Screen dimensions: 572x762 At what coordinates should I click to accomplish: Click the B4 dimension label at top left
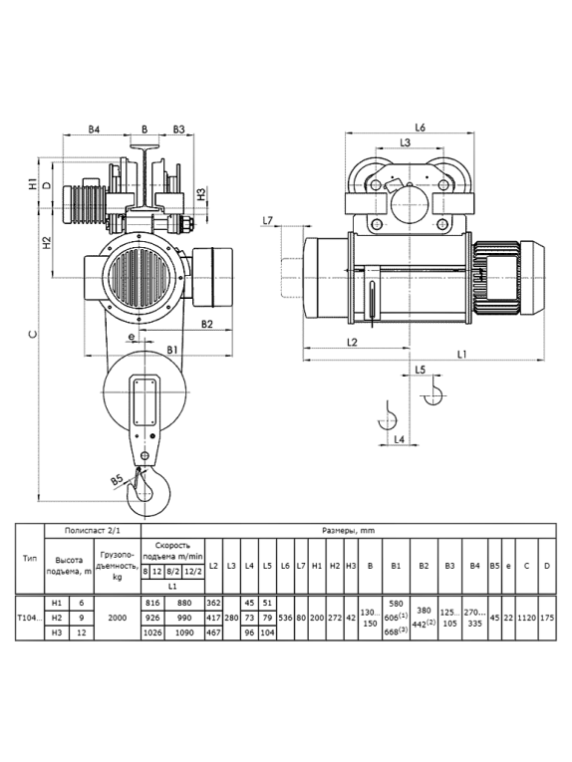point(94,129)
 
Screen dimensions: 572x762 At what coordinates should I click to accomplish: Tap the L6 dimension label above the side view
point(420,127)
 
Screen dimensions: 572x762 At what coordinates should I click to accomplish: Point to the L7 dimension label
point(267,221)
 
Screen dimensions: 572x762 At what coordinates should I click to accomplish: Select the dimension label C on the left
point(32,335)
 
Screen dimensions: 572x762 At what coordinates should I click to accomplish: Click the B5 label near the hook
point(117,481)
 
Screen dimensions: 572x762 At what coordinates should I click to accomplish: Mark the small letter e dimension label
point(131,336)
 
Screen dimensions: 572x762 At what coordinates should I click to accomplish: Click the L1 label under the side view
point(461,355)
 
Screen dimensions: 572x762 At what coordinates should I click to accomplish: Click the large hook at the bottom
point(148,491)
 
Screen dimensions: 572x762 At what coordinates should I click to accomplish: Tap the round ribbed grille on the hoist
point(139,279)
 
